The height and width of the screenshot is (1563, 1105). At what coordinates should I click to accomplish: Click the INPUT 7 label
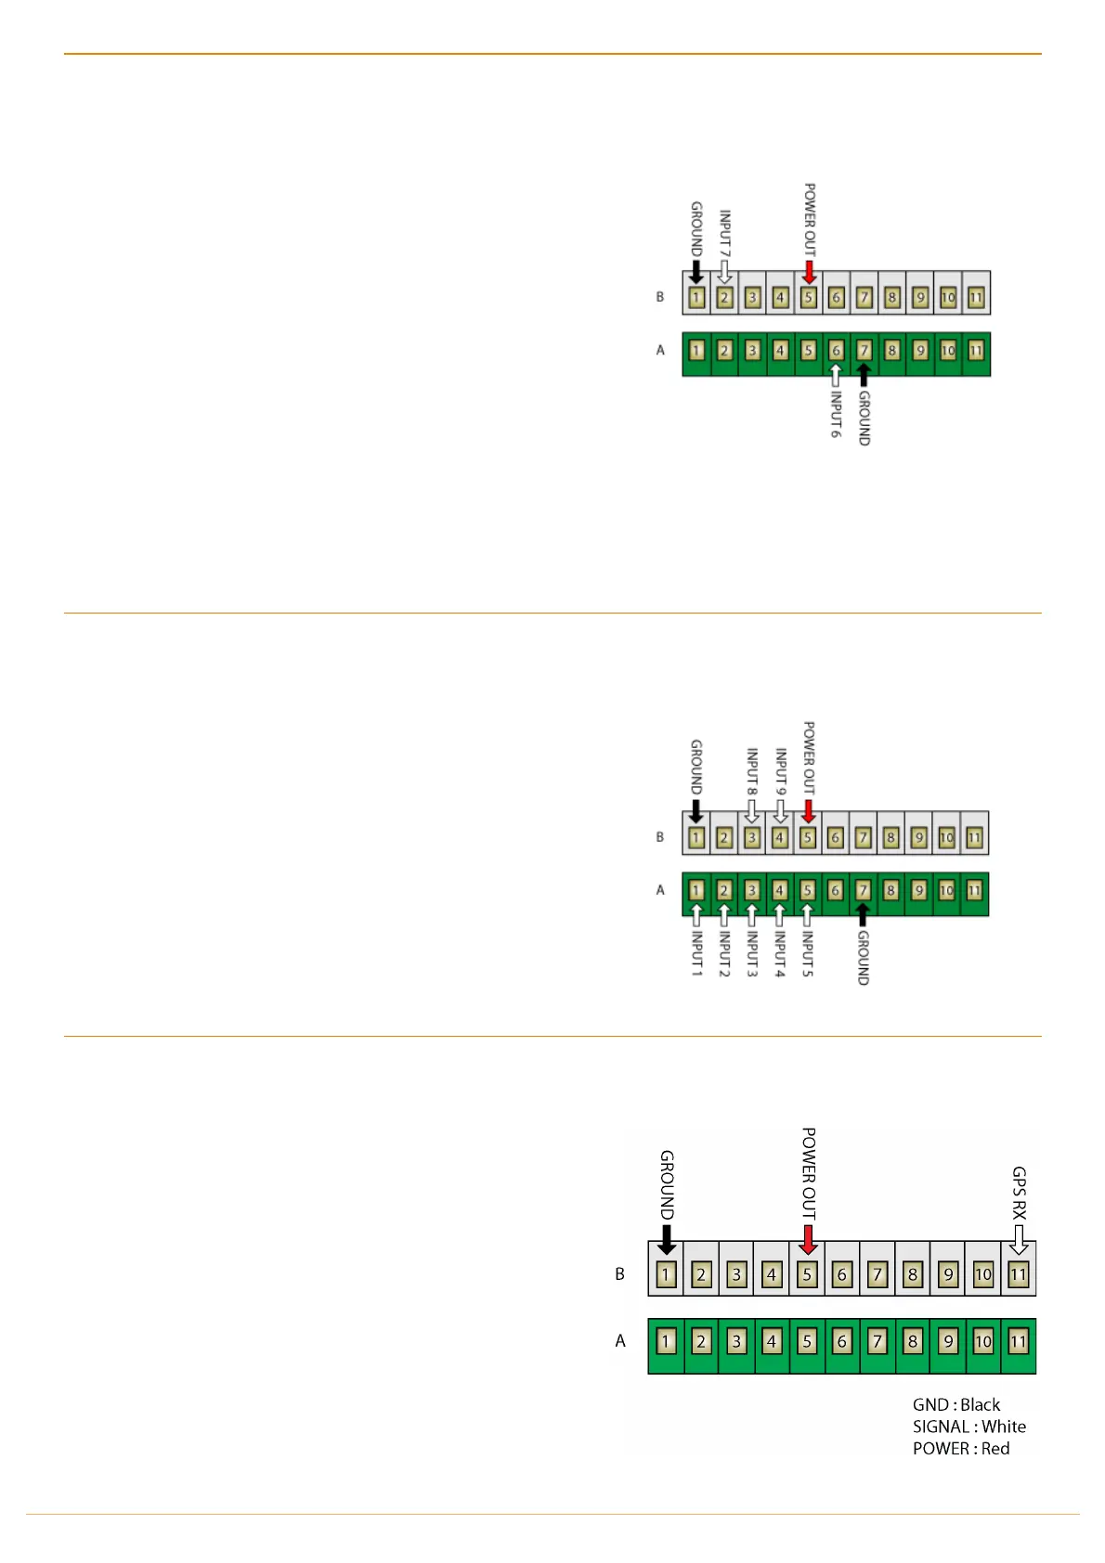725,234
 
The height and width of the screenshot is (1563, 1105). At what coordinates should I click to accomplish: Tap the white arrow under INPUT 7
725,272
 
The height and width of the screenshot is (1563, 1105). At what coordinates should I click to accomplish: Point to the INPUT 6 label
836,414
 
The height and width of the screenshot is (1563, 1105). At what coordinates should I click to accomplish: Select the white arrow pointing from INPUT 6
836,376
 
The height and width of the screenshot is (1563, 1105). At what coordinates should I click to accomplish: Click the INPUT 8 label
752,772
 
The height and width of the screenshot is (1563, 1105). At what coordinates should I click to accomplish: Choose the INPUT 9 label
781,772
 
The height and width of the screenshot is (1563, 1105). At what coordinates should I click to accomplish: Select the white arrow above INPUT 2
724,915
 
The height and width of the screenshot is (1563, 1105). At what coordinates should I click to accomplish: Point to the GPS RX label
1019,1194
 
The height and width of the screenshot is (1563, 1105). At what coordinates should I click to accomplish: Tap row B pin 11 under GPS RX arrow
1019,1274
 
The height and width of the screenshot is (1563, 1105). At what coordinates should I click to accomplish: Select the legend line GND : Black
955,1405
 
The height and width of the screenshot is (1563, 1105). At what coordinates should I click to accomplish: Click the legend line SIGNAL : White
968,1427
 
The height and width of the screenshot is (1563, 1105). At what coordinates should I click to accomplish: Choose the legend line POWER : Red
960,1449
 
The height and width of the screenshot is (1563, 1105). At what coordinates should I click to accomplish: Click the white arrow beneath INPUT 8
752,810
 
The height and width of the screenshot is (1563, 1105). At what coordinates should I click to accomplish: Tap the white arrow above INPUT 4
780,915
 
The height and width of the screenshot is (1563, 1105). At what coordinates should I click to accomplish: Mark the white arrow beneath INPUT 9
781,810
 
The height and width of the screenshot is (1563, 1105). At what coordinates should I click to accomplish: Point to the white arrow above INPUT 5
808,915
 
